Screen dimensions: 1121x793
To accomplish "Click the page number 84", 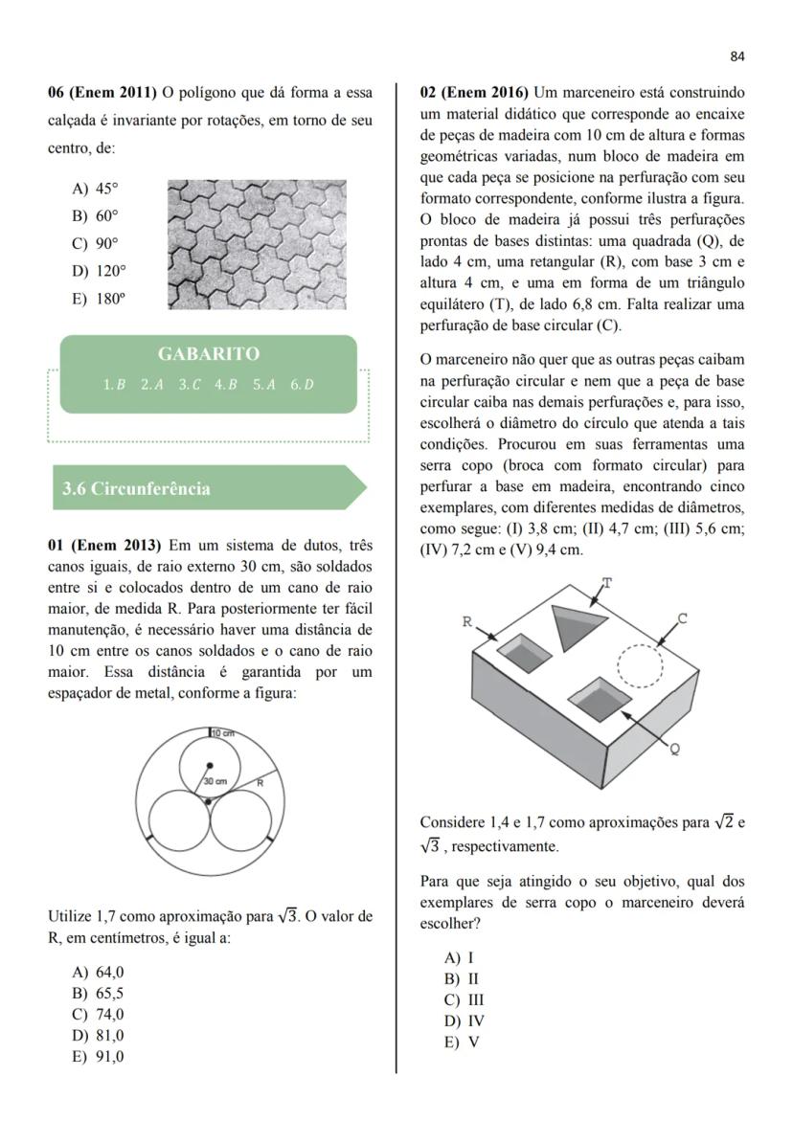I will coord(736,56).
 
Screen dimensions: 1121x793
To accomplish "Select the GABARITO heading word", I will coord(208,354).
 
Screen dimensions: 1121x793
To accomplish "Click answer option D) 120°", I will coord(99,271).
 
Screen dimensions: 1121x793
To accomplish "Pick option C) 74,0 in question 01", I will coord(98,1015).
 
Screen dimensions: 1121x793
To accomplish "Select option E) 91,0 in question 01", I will coord(98,1057).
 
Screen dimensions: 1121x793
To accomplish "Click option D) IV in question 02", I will coord(464,1020).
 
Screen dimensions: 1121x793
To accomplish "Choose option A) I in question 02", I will coord(459,957).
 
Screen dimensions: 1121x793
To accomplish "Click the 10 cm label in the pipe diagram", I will coord(223,733).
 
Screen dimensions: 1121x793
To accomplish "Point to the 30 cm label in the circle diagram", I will coord(215,782).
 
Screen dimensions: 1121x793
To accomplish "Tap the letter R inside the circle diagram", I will coord(260,783).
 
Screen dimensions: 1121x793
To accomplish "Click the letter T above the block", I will coord(606,582).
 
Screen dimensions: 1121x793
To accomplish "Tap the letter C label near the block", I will coord(682,619).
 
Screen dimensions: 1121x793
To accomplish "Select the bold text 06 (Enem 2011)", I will coord(102,93).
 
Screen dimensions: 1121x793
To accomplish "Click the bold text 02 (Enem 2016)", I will coord(474,93).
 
